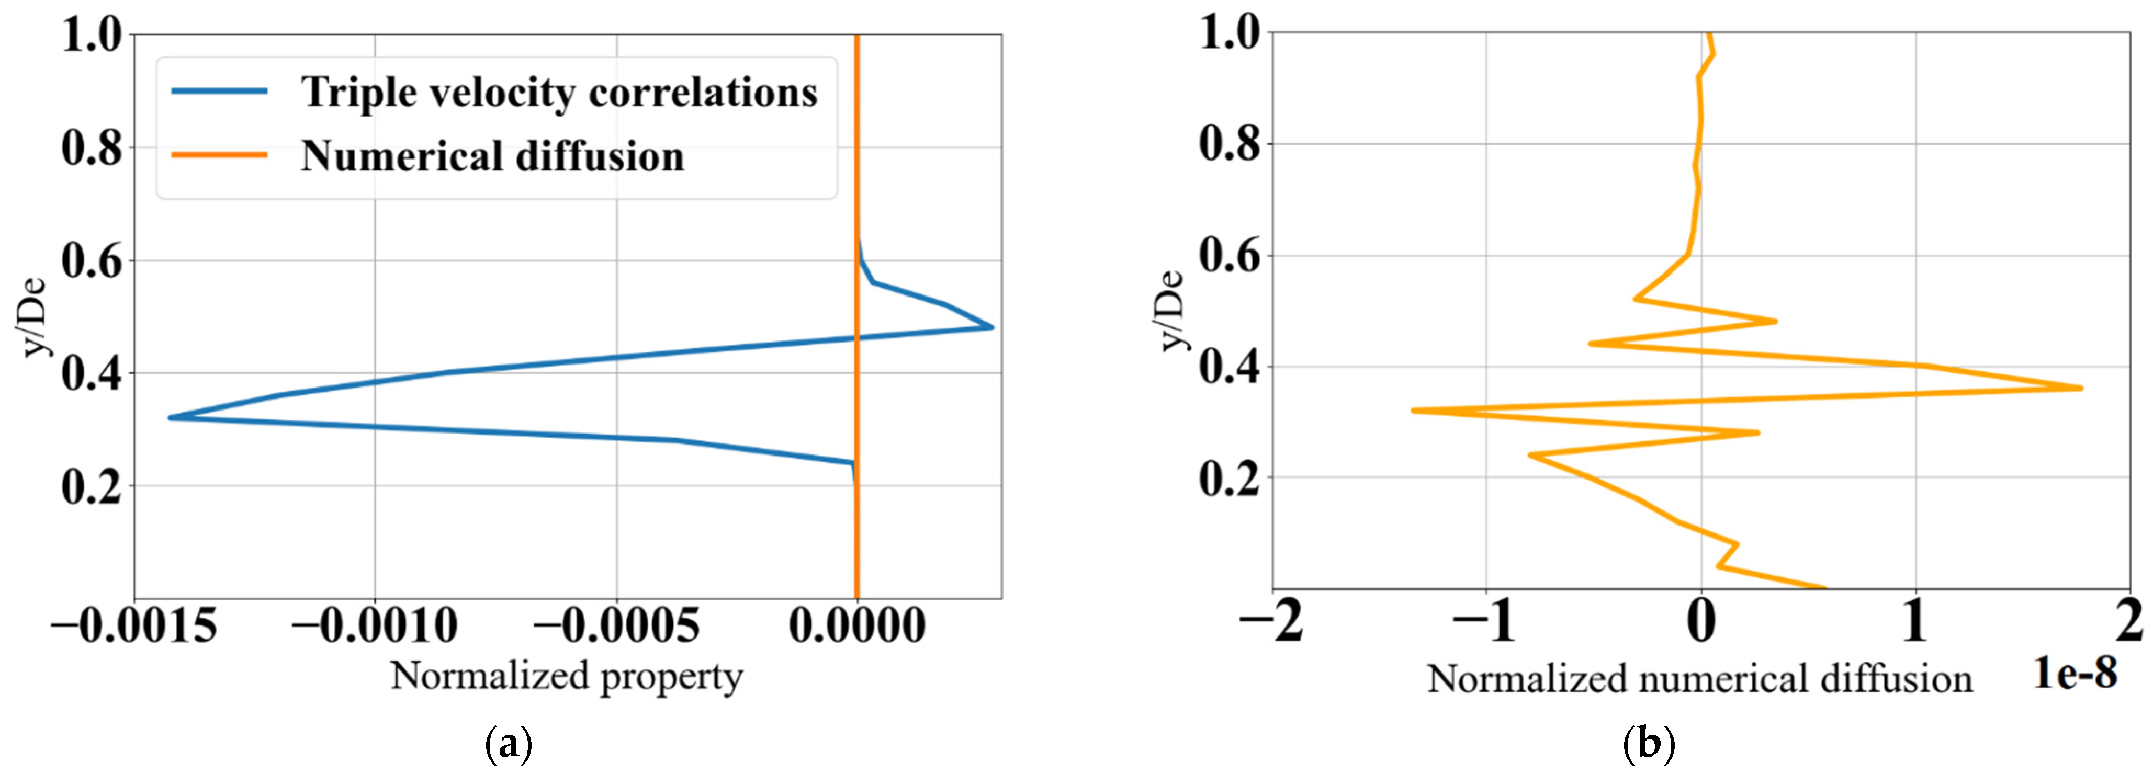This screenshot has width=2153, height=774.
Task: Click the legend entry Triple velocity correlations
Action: pyautogui.click(x=558, y=92)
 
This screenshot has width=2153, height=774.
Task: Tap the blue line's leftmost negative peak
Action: pyautogui.click(x=171, y=417)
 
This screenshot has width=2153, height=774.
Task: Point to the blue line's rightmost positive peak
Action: pyautogui.click(x=992, y=327)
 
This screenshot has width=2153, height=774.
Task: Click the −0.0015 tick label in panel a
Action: pyautogui.click(x=134, y=625)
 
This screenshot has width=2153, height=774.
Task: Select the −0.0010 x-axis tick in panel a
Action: pyautogui.click(x=375, y=625)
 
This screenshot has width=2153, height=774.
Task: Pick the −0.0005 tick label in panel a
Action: pyautogui.click(x=617, y=625)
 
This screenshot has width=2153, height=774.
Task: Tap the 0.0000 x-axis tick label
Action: pyautogui.click(x=856, y=625)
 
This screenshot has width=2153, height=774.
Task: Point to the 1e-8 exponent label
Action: pyautogui.click(x=2075, y=673)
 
